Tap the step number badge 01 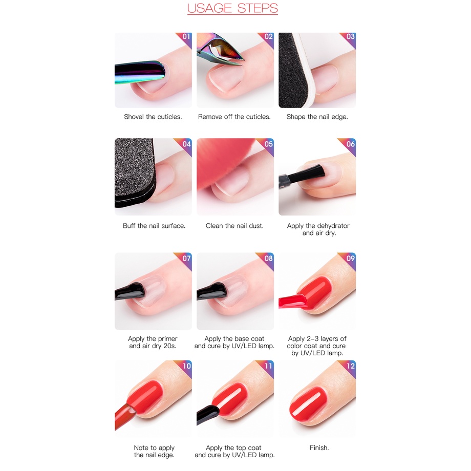[x=186, y=37]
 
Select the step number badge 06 [x=350, y=144]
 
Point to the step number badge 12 [x=350, y=366]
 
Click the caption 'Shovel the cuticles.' [x=153, y=117]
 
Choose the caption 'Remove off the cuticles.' [x=234, y=117]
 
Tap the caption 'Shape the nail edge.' [x=317, y=117]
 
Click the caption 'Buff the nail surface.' [x=154, y=226]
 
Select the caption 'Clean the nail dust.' [x=234, y=226]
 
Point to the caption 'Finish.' [x=319, y=448]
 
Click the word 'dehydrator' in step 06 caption [x=333, y=226]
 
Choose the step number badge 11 [x=268, y=366]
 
